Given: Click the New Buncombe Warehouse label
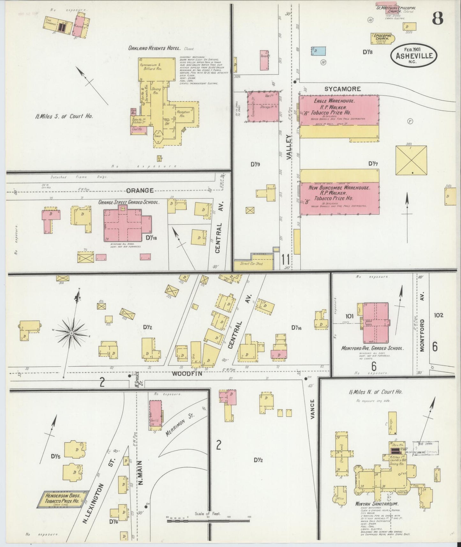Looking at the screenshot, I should point(339,188).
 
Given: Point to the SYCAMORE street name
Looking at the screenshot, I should point(342,89).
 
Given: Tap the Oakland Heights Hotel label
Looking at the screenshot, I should point(154,49).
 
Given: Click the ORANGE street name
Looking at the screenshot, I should point(139,191).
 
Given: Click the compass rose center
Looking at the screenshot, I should point(71,333).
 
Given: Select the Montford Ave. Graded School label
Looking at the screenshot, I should point(372,348).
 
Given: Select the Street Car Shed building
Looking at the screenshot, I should point(254,264).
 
